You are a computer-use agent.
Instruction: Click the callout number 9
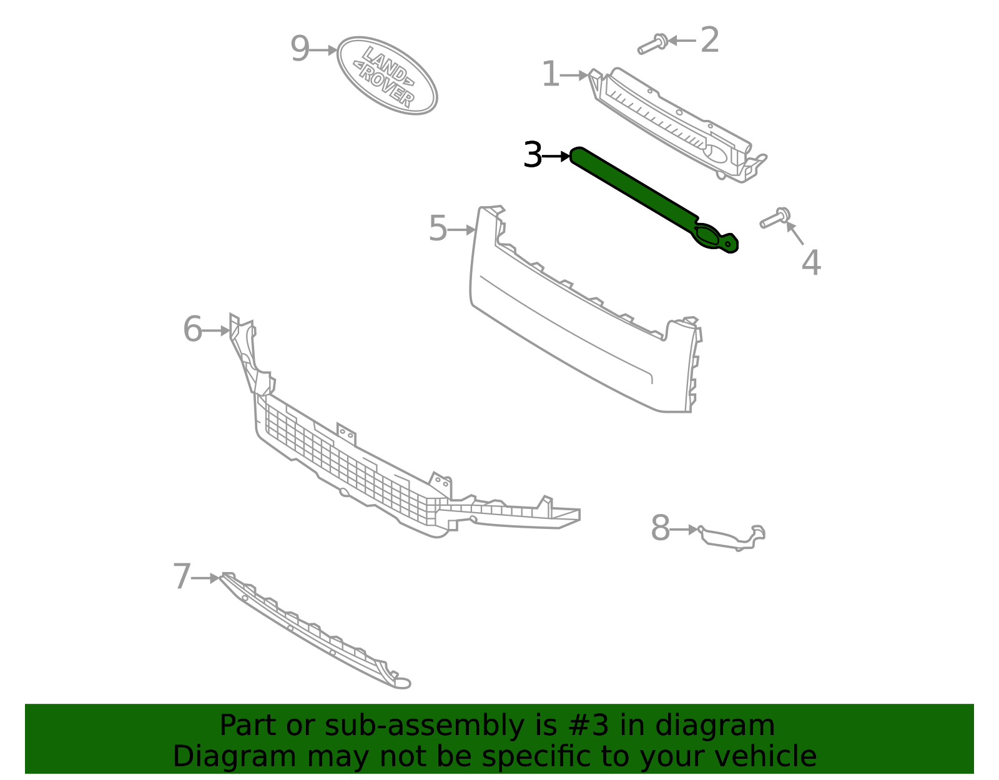[x=300, y=49]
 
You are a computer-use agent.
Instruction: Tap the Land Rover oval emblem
[x=387, y=76]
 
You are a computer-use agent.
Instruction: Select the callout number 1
[x=550, y=75]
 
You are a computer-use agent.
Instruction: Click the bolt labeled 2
[x=652, y=44]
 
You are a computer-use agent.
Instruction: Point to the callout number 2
[x=710, y=41]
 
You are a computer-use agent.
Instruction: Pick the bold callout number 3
[x=533, y=156]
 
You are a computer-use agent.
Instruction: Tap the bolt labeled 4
[x=774, y=219]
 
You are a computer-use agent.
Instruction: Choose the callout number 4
[x=811, y=263]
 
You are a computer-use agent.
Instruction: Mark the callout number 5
[x=438, y=229]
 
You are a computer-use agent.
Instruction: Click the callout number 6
[x=192, y=330]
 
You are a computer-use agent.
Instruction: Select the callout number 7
[x=182, y=577]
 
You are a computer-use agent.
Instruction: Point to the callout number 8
[x=660, y=529]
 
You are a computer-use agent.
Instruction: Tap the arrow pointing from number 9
[x=324, y=50]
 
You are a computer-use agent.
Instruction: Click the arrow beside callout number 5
[x=463, y=230]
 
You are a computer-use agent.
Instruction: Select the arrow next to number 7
[x=205, y=578]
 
